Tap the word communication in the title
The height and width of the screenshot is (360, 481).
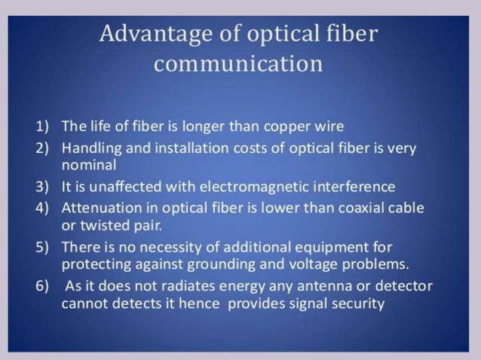(x=238, y=63)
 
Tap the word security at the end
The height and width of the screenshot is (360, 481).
(x=357, y=304)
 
